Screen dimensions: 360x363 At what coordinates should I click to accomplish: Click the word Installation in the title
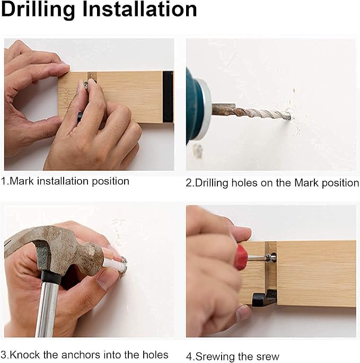pos(139,9)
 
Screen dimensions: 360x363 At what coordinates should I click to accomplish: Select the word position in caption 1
pos(110,181)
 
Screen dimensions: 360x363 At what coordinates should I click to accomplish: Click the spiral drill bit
pos(251,112)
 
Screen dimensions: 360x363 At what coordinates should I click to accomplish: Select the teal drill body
pos(194,108)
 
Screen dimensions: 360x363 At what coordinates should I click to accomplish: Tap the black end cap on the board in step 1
pos(168,97)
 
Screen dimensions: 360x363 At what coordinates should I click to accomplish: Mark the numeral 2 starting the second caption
pos(189,183)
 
